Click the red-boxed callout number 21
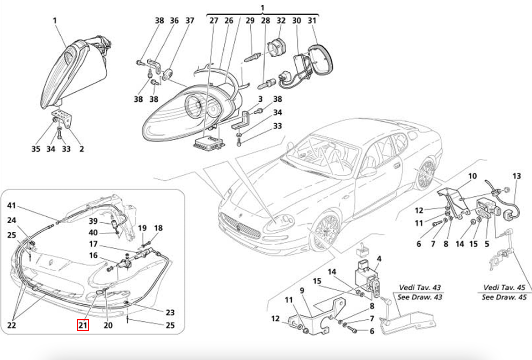[x=82, y=325]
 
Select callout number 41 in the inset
[x=12, y=206]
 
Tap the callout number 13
[x=516, y=176]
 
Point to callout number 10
[x=472, y=176]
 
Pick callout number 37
[x=190, y=21]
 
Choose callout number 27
[x=214, y=21]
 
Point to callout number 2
[x=82, y=149]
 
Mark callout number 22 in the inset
[x=12, y=325]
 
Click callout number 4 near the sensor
[x=379, y=259]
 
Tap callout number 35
[x=35, y=149]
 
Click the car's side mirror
[x=369, y=171]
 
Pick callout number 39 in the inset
[x=93, y=222]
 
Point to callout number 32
[x=281, y=21]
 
